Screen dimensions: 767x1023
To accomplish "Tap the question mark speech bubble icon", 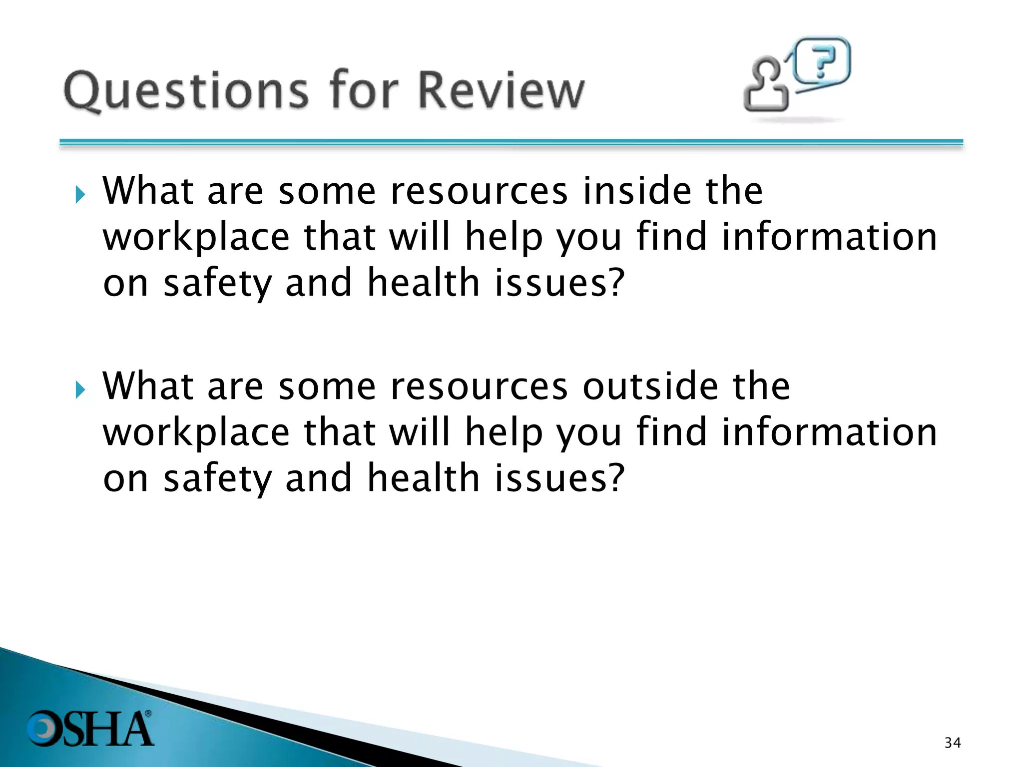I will click(x=822, y=62).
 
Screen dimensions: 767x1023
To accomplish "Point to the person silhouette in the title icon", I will click(x=765, y=85).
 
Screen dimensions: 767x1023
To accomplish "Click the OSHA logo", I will click(x=90, y=729).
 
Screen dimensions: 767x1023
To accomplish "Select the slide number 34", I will click(x=953, y=743).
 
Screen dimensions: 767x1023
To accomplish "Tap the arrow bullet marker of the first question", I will click(x=80, y=194).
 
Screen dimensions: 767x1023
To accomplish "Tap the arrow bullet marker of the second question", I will click(x=80, y=389).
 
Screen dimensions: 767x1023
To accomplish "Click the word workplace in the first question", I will click(x=196, y=238).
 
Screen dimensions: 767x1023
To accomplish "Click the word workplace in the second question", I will click(x=196, y=433).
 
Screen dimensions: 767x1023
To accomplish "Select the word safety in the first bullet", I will click(x=218, y=284).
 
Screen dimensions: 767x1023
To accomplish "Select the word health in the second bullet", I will click(x=424, y=478).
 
